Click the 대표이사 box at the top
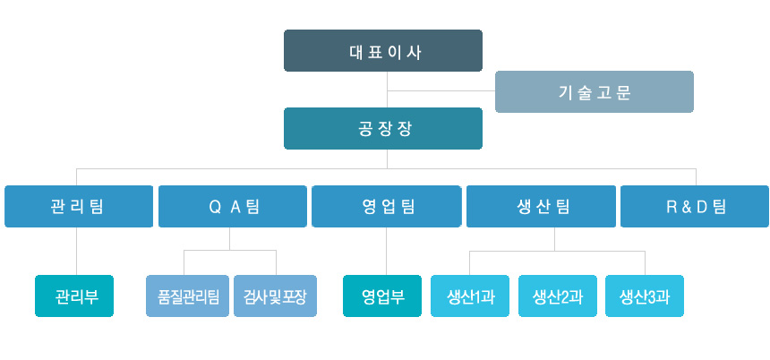[x=383, y=50]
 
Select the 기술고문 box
[x=595, y=92]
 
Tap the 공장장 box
[x=383, y=128]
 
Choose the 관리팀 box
[x=79, y=206]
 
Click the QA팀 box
[x=233, y=206]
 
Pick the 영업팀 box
[x=387, y=206]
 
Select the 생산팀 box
[x=541, y=206]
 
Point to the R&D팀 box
[x=695, y=206]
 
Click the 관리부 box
[x=74, y=296]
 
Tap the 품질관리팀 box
[x=188, y=296]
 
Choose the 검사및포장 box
[x=275, y=296]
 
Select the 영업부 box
[x=382, y=296]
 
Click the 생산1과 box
[x=470, y=296]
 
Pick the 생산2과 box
[x=558, y=296]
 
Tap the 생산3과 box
[x=645, y=296]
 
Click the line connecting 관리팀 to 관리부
[x=77, y=251]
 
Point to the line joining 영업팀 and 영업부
[x=386, y=251]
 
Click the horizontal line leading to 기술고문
[x=441, y=90]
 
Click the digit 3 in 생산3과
[x=652, y=297]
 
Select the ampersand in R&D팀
[x=685, y=207]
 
